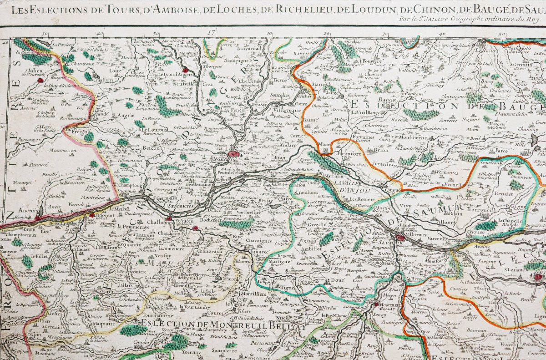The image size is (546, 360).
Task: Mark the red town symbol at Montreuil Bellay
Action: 376,304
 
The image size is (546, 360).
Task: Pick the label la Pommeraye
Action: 132,226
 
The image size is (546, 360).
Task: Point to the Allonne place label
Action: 448,223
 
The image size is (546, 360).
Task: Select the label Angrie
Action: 126,116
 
